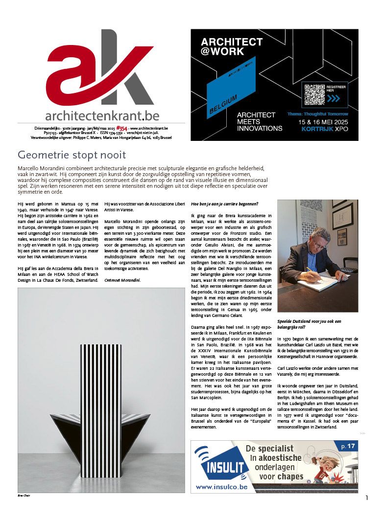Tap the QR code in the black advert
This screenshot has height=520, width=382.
coord(314,94)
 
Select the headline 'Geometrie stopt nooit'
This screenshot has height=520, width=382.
coord(72,156)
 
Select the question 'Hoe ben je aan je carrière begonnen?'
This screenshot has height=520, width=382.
coord(224,203)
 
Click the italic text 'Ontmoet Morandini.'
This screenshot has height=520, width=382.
coord(122,280)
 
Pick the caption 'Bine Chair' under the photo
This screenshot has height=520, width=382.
coord(24,496)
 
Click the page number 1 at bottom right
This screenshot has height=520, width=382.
coord(366,498)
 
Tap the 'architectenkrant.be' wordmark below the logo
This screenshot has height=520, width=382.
coord(102,115)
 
